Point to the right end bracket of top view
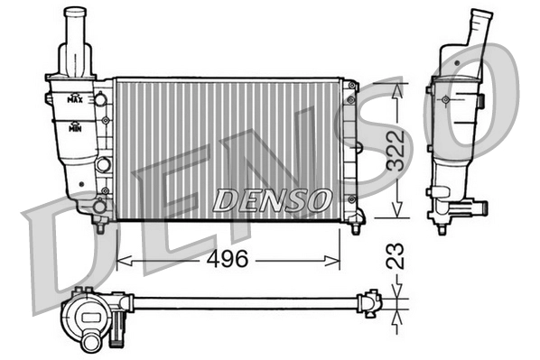pos(371,303)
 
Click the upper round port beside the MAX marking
pos(100,97)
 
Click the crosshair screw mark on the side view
pos(447,98)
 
